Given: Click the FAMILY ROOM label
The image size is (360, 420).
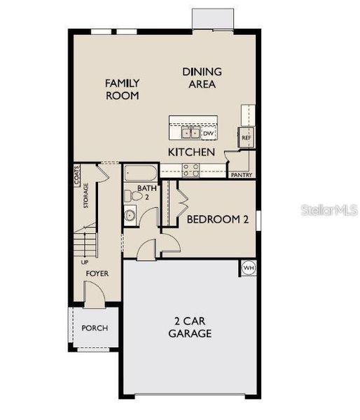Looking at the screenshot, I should [x=122, y=90].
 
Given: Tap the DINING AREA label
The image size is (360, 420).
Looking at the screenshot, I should [x=202, y=78].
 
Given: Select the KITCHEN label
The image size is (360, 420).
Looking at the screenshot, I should [x=191, y=151].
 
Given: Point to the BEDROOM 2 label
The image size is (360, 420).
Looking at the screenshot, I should [x=218, y=219].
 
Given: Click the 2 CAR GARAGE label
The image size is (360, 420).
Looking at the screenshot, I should [x=190, y=328].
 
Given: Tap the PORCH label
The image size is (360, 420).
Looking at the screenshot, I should [x=95, y=328].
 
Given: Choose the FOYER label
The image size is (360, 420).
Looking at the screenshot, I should [x=97, y=273].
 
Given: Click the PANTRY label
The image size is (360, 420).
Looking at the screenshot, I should [x=241, y=175].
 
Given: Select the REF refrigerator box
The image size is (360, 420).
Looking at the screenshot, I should [x=246, y=138].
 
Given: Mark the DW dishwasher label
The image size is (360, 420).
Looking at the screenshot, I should [x=208, y=133].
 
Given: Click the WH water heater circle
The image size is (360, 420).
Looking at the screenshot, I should [x=248, y=268].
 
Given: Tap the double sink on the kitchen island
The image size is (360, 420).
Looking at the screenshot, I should [x=188, y=132].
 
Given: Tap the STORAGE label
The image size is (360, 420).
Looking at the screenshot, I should [x=86, y=196].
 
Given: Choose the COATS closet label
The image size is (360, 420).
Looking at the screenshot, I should [x=76, y=174].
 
